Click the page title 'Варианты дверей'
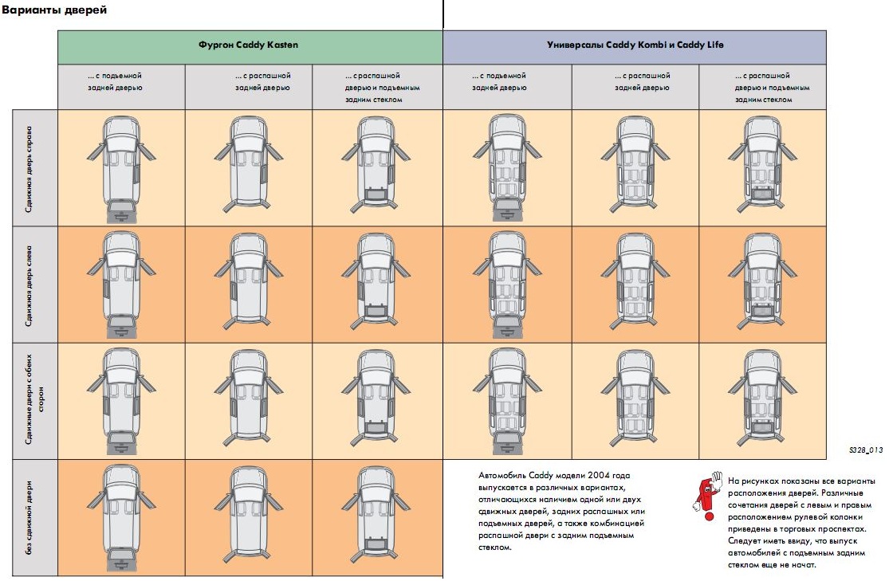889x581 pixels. (x=54, y=10)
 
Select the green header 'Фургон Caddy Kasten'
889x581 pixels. (x=248, y=45)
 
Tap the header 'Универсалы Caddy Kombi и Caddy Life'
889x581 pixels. (x=635, y=45)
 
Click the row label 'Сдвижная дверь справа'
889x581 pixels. (x=29, y=169)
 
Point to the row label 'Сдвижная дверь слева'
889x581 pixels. (x=29, y=285)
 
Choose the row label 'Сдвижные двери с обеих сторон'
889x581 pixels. (x=34, y=399)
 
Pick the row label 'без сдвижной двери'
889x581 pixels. (x=29, y=517)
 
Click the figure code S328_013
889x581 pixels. (x=866, y=450)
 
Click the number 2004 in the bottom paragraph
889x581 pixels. (x=599, y=475)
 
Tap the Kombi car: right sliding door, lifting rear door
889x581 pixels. (x=507, y=168)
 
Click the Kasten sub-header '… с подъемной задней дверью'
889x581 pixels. (x=115, y=81)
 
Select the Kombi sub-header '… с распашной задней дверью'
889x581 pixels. (x=643, y=81)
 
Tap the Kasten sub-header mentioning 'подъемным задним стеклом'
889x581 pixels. (x=382, y=88)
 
